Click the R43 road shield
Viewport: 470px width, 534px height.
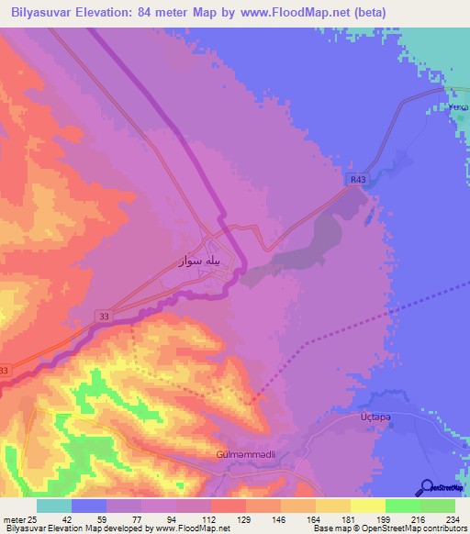(x=358, y=181)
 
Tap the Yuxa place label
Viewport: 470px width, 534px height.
(x=456, y=108)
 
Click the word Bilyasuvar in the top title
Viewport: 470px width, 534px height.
(x=45, y=13)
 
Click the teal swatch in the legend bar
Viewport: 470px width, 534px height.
(x=54, y=506)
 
